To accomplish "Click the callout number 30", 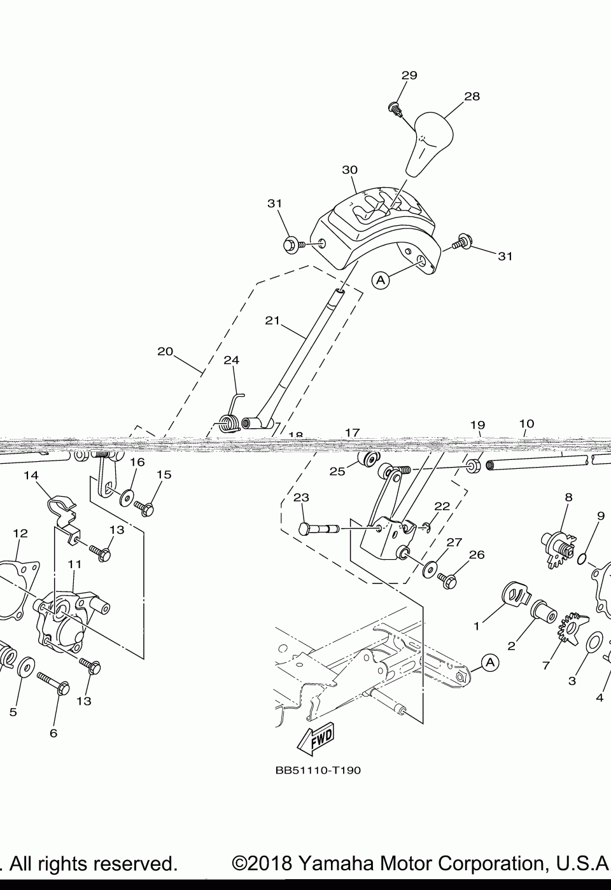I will point(349,170).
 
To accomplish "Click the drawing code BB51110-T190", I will point(318,770).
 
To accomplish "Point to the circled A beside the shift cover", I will point(380,280).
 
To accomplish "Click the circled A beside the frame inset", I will point(489,662).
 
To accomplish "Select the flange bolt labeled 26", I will point(449,579).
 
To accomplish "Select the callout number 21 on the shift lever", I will point(272,321).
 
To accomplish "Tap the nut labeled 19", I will point(473,466).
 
